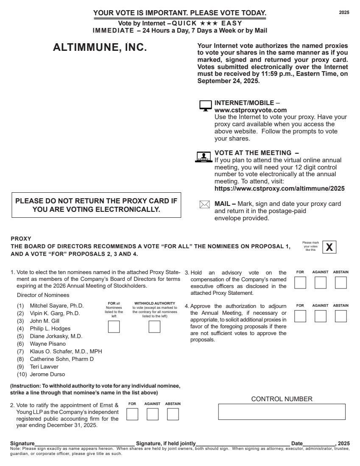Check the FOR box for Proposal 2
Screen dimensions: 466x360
point(132,414)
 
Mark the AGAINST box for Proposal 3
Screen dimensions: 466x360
point(321,283)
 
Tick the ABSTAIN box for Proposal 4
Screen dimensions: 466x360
point(341,316)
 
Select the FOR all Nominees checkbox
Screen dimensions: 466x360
point(114,327)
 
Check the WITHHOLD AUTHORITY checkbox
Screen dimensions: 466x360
point(154,327)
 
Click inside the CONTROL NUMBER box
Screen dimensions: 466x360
point(282,412)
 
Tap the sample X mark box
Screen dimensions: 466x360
point(329,247)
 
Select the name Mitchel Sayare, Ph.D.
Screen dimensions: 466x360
point(57,306)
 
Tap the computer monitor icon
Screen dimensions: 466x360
point(206,106)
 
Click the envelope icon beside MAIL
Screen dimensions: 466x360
point(204,205)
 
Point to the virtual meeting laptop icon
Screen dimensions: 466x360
point(204,157)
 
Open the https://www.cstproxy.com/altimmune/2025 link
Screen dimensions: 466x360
point(279,189)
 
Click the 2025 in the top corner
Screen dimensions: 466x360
point(344,13)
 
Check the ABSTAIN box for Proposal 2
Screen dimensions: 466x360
point(173,414)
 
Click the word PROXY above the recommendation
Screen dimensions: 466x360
point(21,239)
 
